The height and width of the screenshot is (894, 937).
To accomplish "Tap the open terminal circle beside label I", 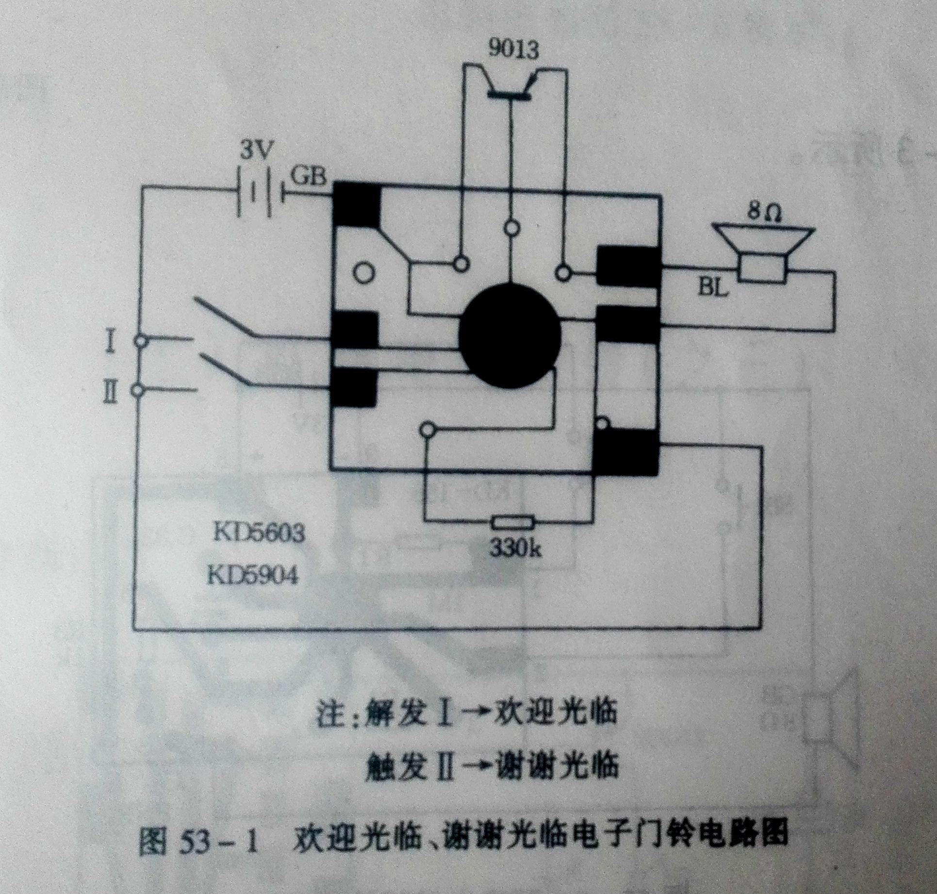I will coord(140,342).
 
